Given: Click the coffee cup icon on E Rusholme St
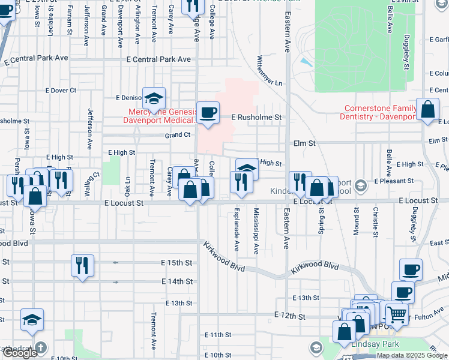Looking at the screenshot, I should [208, 113].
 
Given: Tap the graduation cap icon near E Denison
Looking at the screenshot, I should [154, 98].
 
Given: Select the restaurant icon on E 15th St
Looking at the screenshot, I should [82, 265].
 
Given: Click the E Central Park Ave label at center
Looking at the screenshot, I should [158, 59].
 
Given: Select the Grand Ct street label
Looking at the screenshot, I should [178, 135].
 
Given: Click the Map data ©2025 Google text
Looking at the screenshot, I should [412, 355].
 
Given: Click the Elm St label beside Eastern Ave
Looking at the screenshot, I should [304, 143].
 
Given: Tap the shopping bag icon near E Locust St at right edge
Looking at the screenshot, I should [429, 111].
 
